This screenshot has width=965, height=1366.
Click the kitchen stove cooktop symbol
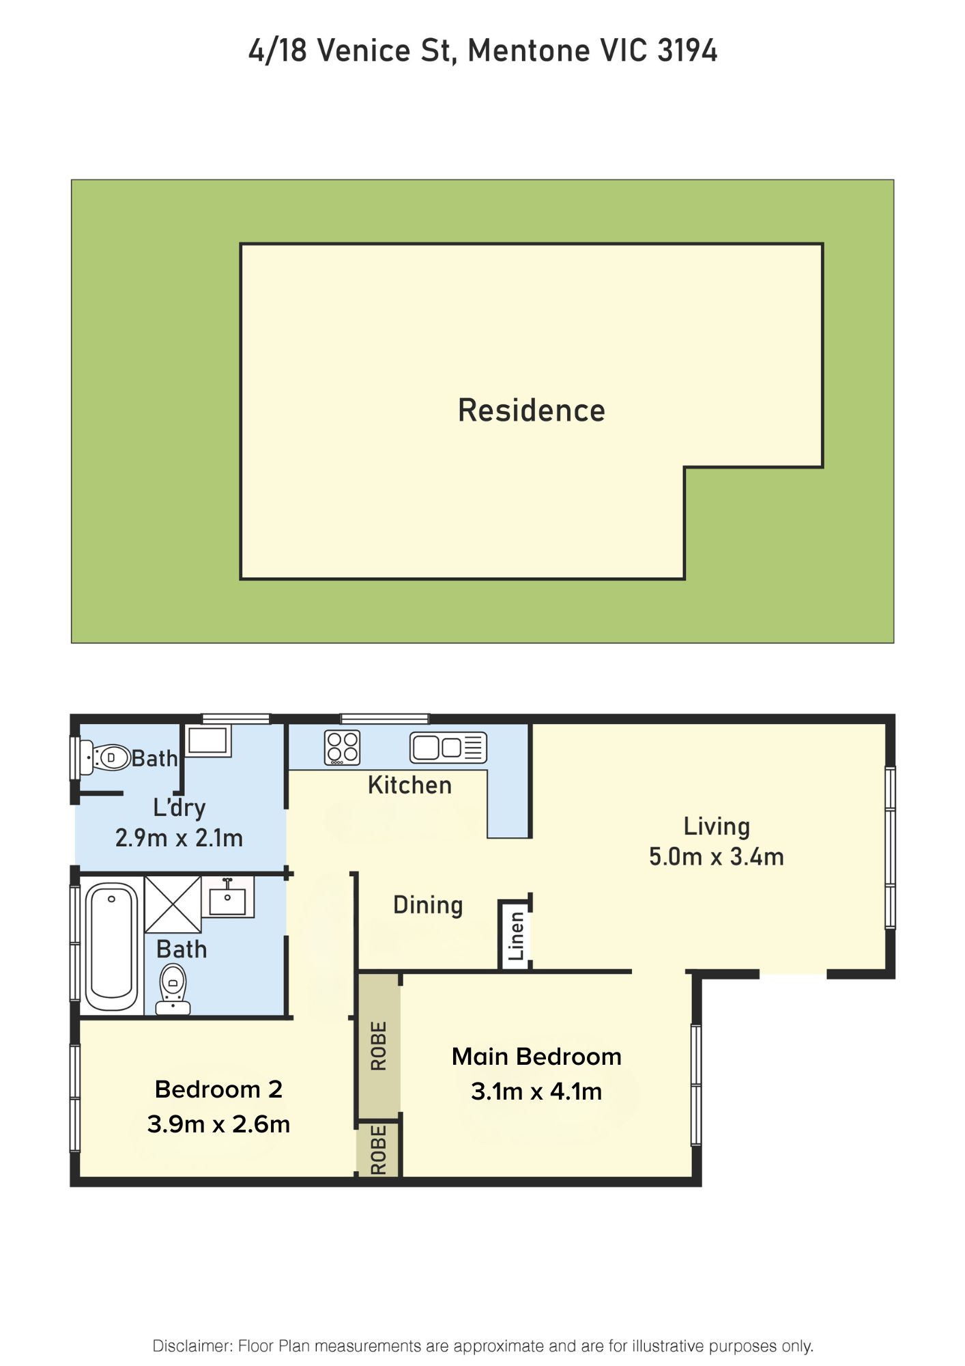pyautogui.click(x=342, y=747)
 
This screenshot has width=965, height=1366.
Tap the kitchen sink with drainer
pyautogui.click(x=448, y=748)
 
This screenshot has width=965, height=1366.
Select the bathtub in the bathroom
pyautogui.click(x=112, y=947)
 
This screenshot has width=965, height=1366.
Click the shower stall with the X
pyautogui.click(x=173, y=904)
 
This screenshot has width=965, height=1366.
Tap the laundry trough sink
pyautogui.click(x=207, y=741)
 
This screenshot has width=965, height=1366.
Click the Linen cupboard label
pyautogui.click(x=517, y=936)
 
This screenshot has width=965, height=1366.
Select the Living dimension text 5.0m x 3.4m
pyautogui.click(x=716, y=856)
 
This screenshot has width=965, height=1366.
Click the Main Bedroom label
pyautogui.click(x=536, y=1057)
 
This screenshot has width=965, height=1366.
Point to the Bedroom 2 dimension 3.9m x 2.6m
pyautogui.click(x=218, y=1124)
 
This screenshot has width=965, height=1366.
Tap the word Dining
pyautogui.click(x=428, y=906)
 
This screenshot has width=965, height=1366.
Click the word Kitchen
pyautogui.click(x=409, y=785)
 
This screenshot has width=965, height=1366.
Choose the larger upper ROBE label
pyautogui.click(x=378, y=1046)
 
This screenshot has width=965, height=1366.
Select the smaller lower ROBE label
pyautogui.click(x=378, y=1150)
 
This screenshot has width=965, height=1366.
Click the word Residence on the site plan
pyautogui.click(x=532, y=410)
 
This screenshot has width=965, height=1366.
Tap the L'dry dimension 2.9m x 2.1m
pyautogui.click(x=179, y=838)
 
